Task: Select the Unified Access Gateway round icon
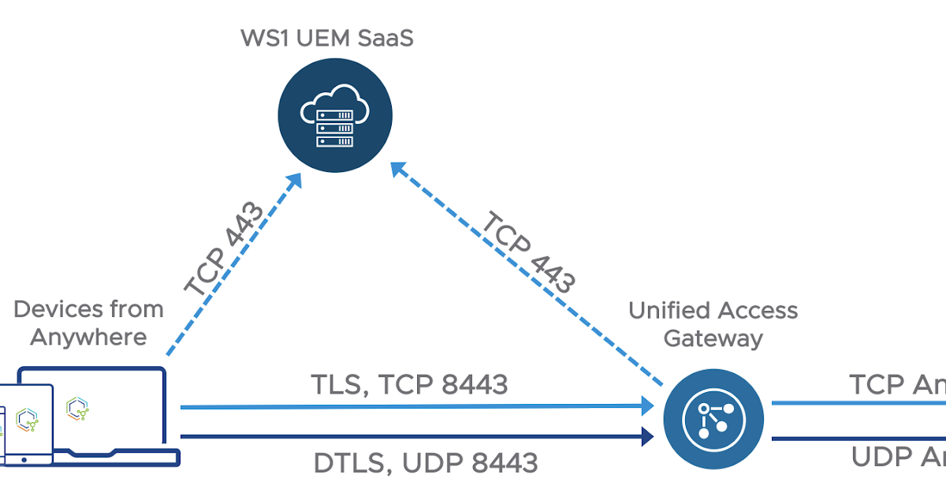click(x=713, y=418)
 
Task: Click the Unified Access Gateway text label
click(x=713, y=324)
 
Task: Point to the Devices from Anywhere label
click(x=88, y=323)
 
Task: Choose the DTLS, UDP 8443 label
click(x=426, y=462)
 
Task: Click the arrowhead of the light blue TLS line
click(x=648, y=406)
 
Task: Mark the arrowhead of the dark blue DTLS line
click(x=648, y=436)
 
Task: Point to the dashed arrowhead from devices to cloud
click(x=294, y=180)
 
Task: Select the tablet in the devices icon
click(x=28, y=422)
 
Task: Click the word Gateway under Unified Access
click(x=713, y=338)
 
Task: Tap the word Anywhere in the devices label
click(x=88, y=337)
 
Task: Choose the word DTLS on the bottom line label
click(x=346, y=462)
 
